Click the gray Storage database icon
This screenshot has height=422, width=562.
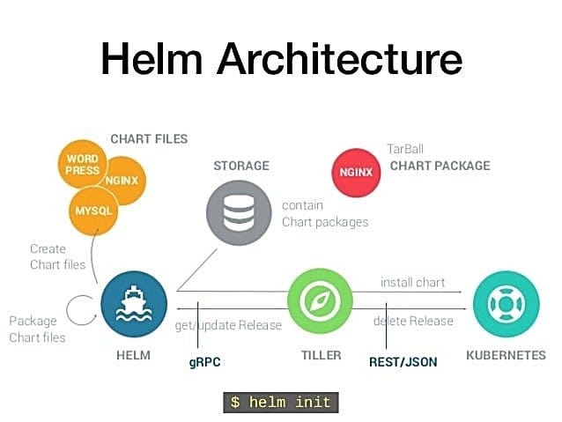coord(238,211)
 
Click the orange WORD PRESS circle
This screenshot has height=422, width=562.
coord(82,165)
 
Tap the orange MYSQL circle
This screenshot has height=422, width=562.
coord(93,211)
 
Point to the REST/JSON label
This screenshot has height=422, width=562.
coord(403,361)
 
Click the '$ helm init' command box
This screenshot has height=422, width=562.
coord(280,402)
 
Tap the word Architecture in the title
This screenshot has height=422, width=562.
coord(339,59)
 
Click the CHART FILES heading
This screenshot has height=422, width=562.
coord(148,138)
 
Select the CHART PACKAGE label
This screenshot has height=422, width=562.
coord(440,165)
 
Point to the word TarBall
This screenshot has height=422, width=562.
coord(406,149)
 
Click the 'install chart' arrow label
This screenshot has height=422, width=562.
coord(412,283)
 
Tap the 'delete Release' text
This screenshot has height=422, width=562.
coord(413,321)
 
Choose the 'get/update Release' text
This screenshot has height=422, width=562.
coord(229,325)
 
